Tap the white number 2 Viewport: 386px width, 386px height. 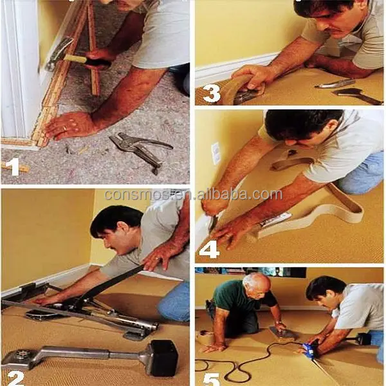click(15, 378)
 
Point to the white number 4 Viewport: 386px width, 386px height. click(209, 249)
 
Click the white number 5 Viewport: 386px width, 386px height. click(211, 380)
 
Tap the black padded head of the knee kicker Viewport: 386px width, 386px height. click(164, 358)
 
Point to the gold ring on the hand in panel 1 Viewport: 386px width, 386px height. click(65, 128)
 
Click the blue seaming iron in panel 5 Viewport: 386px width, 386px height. click(310, 348)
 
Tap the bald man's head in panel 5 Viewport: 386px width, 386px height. click(256, 286)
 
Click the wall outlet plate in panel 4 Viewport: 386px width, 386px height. click(216, 153)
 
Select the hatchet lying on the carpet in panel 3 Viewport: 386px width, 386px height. click(357, 96)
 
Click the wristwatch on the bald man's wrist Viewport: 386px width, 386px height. click(278, 322)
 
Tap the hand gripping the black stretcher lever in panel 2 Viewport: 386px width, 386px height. click(158, 257)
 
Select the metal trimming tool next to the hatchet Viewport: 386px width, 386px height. click(335, 83)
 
